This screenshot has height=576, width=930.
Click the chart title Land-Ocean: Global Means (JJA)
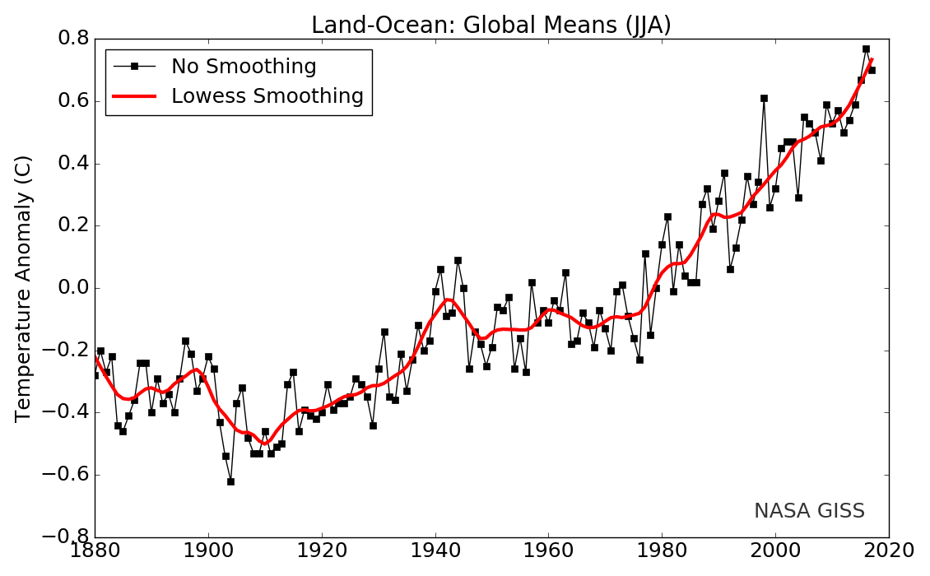click(491, 26)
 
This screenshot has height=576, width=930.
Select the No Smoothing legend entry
click(244, 67)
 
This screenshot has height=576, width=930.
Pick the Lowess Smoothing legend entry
click(267, 96)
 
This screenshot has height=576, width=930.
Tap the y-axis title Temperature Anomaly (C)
click(24, 288)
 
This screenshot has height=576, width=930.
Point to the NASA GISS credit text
click(809, 511)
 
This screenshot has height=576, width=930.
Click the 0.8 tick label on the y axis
click(72, 39)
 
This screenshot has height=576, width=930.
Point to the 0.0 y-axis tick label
click(72, 288)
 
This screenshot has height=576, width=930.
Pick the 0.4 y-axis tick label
click(72, 164)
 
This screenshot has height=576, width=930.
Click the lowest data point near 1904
click(231, 481)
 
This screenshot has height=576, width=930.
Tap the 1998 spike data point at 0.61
click(764, 98)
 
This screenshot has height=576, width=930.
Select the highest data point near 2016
click(866, 49)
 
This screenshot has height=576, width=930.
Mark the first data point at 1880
click(95, 375)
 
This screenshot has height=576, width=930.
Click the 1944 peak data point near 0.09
click(458, 260)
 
